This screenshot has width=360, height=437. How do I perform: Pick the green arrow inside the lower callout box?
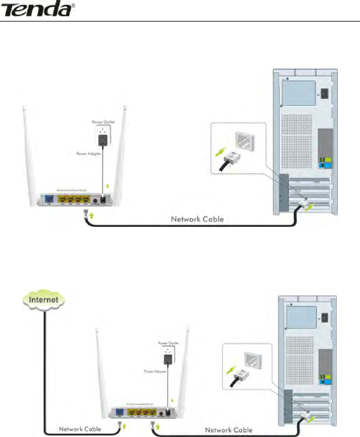[232, 370]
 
